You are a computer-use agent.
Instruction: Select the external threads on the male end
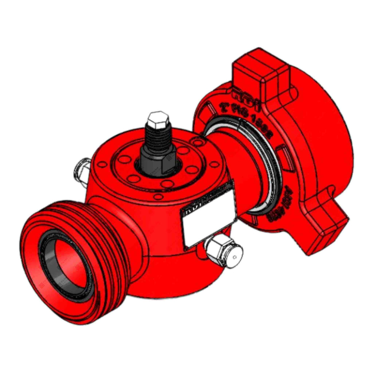[101, 221]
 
